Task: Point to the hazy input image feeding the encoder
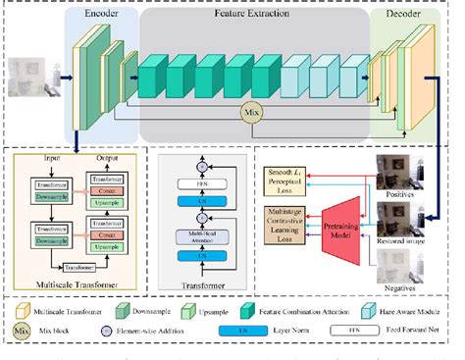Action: coord(28,74)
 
